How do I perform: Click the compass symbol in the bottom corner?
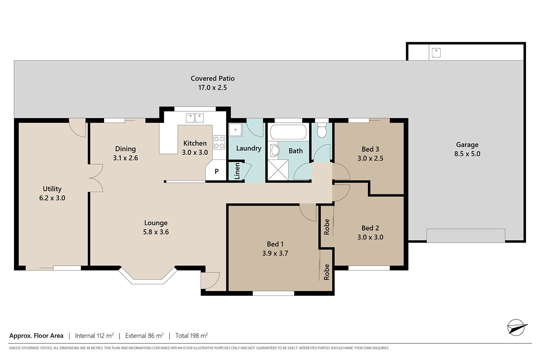coord(517,327)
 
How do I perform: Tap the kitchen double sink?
coord(195,118)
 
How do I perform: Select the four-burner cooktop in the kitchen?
coord(219,142)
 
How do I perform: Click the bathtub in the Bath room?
coord(288,132)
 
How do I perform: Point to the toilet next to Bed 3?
coord(321,130)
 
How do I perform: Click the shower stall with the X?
coord(278,170)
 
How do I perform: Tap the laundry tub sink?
coord(235,130)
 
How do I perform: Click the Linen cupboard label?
coord(237,171)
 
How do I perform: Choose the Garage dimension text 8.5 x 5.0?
coord(467,154)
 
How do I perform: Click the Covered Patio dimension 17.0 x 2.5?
coord(212,87)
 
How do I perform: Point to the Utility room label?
coord(52,189)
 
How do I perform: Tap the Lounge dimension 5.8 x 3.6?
coord(156,232)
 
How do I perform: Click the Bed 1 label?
coord(275,244)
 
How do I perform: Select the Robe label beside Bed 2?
coord(327,227)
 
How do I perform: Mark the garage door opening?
coord(466,235)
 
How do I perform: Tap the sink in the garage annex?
coord(436,53)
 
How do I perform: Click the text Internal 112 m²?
coord(94,336)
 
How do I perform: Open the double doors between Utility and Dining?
coord(95,178)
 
